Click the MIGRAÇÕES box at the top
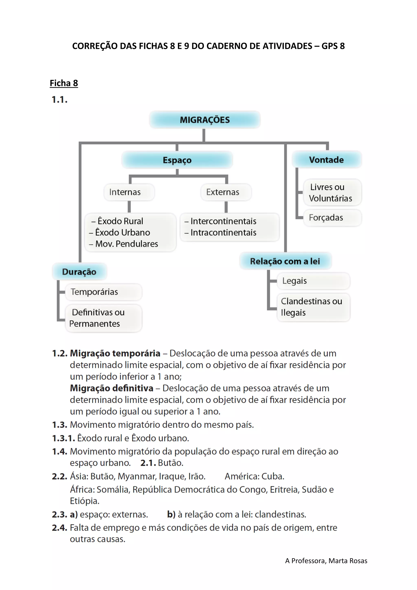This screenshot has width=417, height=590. [x=205, y=120]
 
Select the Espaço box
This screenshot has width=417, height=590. [x=177, y=160]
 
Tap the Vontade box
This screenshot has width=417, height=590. [x=326, y=160]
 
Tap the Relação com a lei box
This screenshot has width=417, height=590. [x=285, y=261]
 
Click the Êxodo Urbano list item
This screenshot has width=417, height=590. [x=123, y=232]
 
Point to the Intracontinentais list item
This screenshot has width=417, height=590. [x=223, y=232]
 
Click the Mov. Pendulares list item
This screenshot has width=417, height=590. [x=127, y=244]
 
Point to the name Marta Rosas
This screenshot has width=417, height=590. [x=348, y=561]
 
